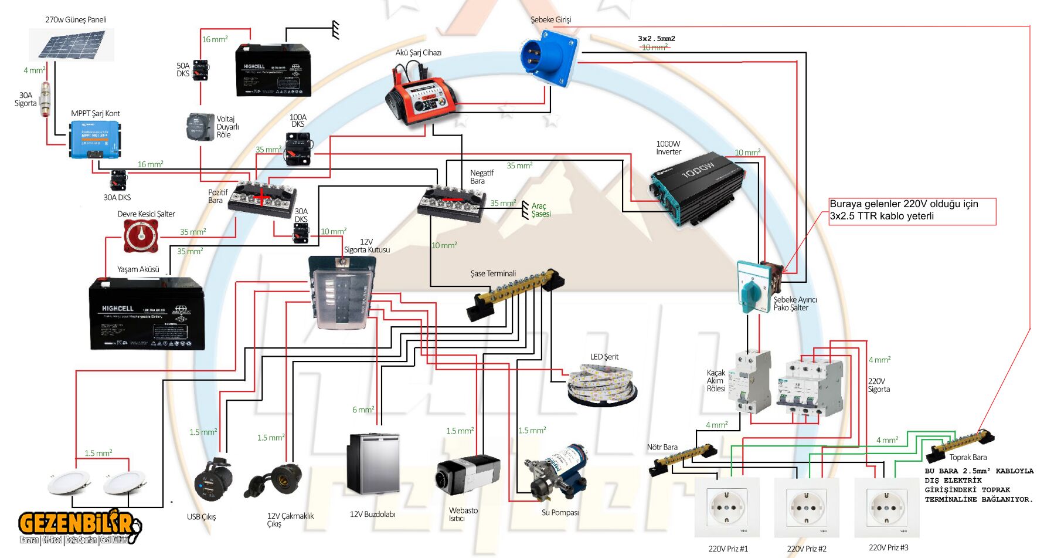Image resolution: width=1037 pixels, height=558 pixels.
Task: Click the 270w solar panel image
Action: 72,45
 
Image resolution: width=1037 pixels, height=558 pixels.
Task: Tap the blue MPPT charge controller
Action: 95,139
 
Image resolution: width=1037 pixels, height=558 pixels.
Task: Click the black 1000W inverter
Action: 698,188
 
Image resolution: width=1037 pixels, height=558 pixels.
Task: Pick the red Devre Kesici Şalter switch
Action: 141,238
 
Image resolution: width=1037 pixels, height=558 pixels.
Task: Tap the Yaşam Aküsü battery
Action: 147,314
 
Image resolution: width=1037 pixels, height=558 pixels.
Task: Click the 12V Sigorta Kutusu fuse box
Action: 342,292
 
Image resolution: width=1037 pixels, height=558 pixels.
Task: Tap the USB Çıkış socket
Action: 213,479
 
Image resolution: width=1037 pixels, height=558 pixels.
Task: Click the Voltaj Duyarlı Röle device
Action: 200,127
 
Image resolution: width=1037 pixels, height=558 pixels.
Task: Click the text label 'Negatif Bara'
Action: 481,177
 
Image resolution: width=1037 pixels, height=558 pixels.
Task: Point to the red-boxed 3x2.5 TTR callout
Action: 912,211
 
